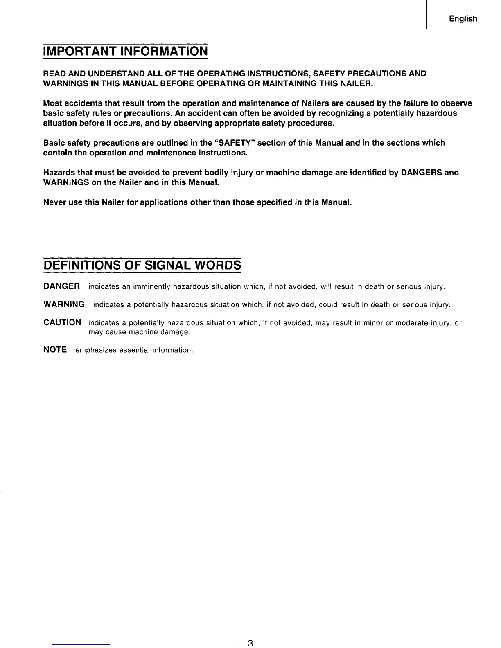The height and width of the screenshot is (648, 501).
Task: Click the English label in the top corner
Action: [463, 19]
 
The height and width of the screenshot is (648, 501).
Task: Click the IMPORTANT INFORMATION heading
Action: [126, 52]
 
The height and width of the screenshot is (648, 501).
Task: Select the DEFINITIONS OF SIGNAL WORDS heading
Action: [142, 265]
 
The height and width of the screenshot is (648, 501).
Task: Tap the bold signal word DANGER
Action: [61, 286]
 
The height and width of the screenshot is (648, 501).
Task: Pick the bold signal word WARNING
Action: [64, 304]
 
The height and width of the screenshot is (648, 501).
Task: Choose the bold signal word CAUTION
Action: [62, 323]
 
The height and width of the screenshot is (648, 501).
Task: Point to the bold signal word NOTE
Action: [55, 350]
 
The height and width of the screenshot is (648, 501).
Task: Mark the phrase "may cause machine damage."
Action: [139, 332]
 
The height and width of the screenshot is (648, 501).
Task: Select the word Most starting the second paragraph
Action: [53, 103]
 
